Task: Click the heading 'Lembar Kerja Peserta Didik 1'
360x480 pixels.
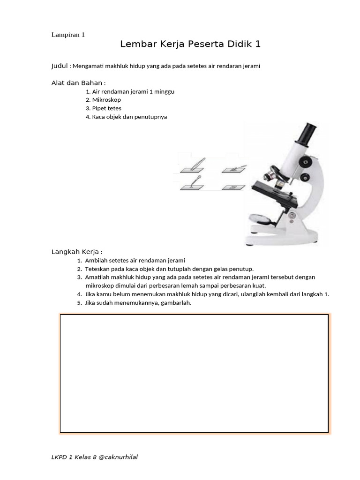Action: click(x=190, y=45)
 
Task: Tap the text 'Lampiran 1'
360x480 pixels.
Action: click(x=67, y=34)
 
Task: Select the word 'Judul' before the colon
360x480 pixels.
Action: click(x=60, y=66)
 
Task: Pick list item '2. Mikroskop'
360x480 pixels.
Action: click(x=103, y=100)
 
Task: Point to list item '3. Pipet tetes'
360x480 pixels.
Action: click(x=104, y=108)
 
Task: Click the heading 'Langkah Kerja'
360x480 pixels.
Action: click(x=76, y=252)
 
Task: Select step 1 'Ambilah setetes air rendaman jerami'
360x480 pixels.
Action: click(x=135, y=260)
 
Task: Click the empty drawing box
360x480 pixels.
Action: click(x=194, y=373)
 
